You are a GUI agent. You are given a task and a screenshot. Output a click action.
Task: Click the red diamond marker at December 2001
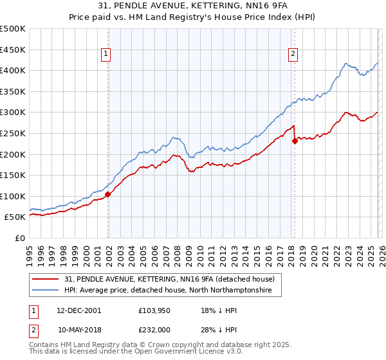click(107, 194)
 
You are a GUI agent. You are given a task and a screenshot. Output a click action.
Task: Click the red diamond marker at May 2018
click(295, 141)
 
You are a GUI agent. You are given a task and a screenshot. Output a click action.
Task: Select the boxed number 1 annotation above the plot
click(106, 55)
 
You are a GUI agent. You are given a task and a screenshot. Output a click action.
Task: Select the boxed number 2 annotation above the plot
click(293, 55)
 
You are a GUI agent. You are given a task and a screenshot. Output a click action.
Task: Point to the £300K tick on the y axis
click(13, 113)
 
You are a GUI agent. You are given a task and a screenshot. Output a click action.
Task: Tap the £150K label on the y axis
click(13, 175)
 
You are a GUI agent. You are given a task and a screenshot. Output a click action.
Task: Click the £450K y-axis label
click(13, 50)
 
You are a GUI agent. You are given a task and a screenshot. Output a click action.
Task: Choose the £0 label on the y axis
click(20, 238)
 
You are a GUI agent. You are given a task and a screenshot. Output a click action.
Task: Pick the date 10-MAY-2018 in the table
click(80, 329)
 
